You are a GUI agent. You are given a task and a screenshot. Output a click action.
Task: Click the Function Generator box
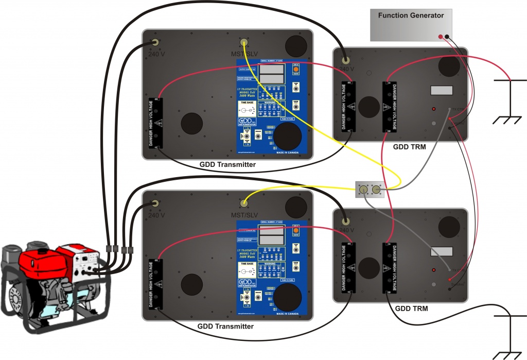pos(411,25)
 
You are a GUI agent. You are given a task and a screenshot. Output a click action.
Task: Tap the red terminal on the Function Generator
pos(441,37)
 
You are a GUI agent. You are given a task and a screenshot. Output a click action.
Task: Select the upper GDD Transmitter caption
pos(227,164)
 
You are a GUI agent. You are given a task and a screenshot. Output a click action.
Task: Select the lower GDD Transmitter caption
pos(225,326)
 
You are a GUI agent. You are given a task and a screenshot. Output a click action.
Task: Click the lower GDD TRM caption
pos(411,308)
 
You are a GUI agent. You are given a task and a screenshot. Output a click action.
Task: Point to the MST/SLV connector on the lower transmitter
pos(244,203)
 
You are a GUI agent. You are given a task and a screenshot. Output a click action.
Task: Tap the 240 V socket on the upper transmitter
pos(154,43)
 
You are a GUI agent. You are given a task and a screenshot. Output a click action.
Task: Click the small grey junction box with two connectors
pos(370,190)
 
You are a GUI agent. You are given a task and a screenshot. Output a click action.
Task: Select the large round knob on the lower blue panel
pos(287,298)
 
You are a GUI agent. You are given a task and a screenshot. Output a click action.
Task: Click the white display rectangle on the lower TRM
pos(441,251)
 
